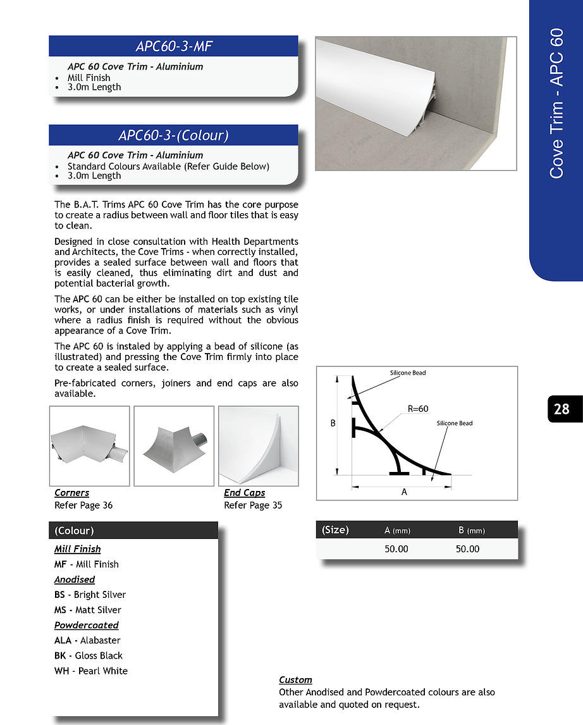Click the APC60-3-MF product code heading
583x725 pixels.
(x=173, y=46)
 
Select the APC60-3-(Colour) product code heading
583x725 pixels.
(x=173, y=135)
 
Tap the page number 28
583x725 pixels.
(x=562, y=409)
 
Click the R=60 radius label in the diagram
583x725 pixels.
(x=418, y=409)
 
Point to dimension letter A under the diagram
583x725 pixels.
(x=404, y=492)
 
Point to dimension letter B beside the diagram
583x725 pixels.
(x=333, y=423)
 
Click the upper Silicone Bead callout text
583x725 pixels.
(x=408, y=373)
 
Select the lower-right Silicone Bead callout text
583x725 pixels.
(x=455, y=423)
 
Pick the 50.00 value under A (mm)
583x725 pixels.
(x=396, y=549)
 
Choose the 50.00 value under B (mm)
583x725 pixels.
(x=467, y=549)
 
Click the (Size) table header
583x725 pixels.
(x=335, y=530)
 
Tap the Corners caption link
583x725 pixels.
(x=71, y=493)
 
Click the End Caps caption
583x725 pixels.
(x=244, y=493)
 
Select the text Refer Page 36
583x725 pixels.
(x=83, y=505)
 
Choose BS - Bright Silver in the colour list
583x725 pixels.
(x=90, y=595)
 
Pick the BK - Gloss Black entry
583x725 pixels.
(x=89, y=655)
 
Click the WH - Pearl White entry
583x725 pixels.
(x=91, y=671)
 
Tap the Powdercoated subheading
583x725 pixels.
(x=86, y=625)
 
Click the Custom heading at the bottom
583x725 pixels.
(x=295, y=680)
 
